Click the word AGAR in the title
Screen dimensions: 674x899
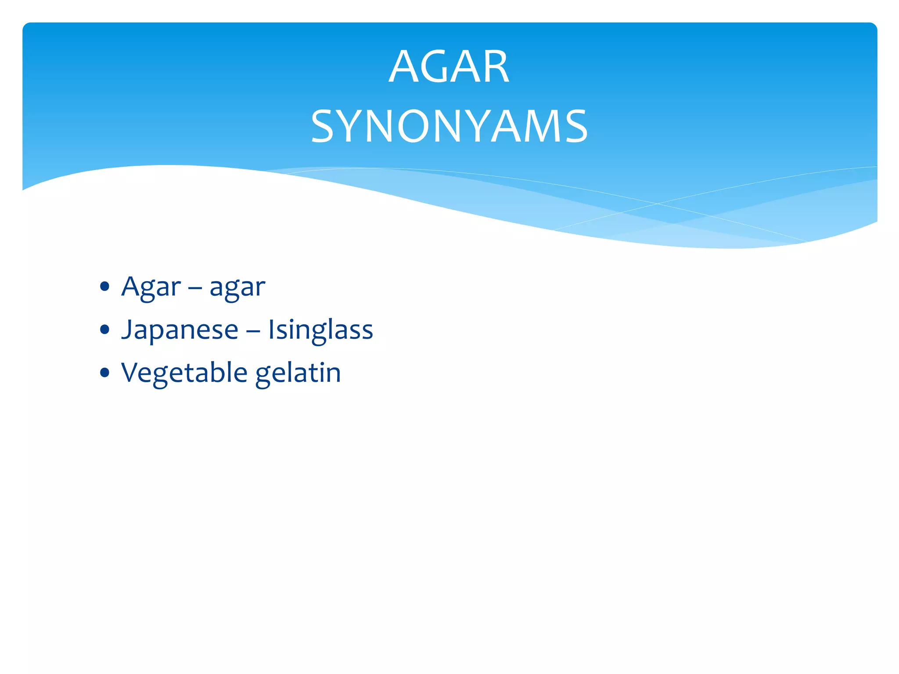[449, 67]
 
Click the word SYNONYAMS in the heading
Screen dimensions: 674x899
[449, 126]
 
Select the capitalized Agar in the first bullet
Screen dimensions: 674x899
[151, 287]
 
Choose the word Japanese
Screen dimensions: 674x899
[180, 330]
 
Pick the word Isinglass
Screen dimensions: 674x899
[320, 330]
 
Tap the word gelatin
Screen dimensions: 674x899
[298, 373]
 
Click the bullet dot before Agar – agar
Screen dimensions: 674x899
[104, 287]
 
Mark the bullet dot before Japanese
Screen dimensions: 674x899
[104, 330]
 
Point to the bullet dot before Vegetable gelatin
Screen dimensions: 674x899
[104, 373]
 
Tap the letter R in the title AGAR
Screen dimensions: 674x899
[494, 67]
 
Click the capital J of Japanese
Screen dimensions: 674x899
[126, 330]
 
